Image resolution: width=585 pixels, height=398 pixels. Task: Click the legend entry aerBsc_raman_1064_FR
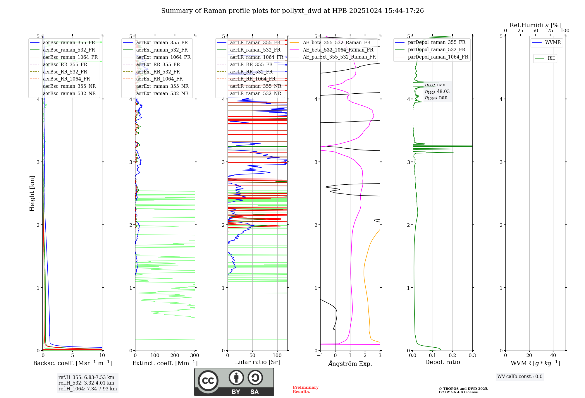tap(70, 57)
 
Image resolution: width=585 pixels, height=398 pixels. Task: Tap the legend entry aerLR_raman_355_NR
tap(255, 86)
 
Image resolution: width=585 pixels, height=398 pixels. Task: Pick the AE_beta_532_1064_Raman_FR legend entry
tap(338, 50)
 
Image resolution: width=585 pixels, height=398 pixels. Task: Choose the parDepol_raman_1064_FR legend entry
tap(438, 57)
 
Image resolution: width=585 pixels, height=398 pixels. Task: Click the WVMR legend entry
tap(553, 42)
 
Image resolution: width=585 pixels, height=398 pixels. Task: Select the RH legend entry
tap(551, 58)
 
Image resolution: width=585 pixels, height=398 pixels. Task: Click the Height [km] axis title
tap(32, 193)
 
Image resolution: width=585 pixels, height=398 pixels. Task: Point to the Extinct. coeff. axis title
tap(165, 363)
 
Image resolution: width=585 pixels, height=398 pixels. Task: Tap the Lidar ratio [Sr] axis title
tap(257, 362)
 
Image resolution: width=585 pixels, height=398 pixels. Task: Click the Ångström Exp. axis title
tap(350, 363)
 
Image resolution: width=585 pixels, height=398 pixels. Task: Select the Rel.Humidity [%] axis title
tap(535, 25)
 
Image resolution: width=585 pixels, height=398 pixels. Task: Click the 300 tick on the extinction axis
tap(195, 355)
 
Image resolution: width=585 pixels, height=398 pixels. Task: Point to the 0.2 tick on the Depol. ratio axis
tap(452, 355)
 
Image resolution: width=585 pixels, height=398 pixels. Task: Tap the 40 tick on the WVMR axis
tap(553, 355)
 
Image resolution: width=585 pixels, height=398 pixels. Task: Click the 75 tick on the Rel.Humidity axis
tap(550, 30)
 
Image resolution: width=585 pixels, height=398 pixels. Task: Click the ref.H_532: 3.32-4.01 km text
tap(86, 383)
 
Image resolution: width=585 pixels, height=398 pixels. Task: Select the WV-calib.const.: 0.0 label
tap(520, 377)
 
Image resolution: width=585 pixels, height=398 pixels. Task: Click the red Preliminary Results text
tap(305, 390)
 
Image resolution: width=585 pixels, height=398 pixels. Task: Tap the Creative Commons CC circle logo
tap(208, 381)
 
